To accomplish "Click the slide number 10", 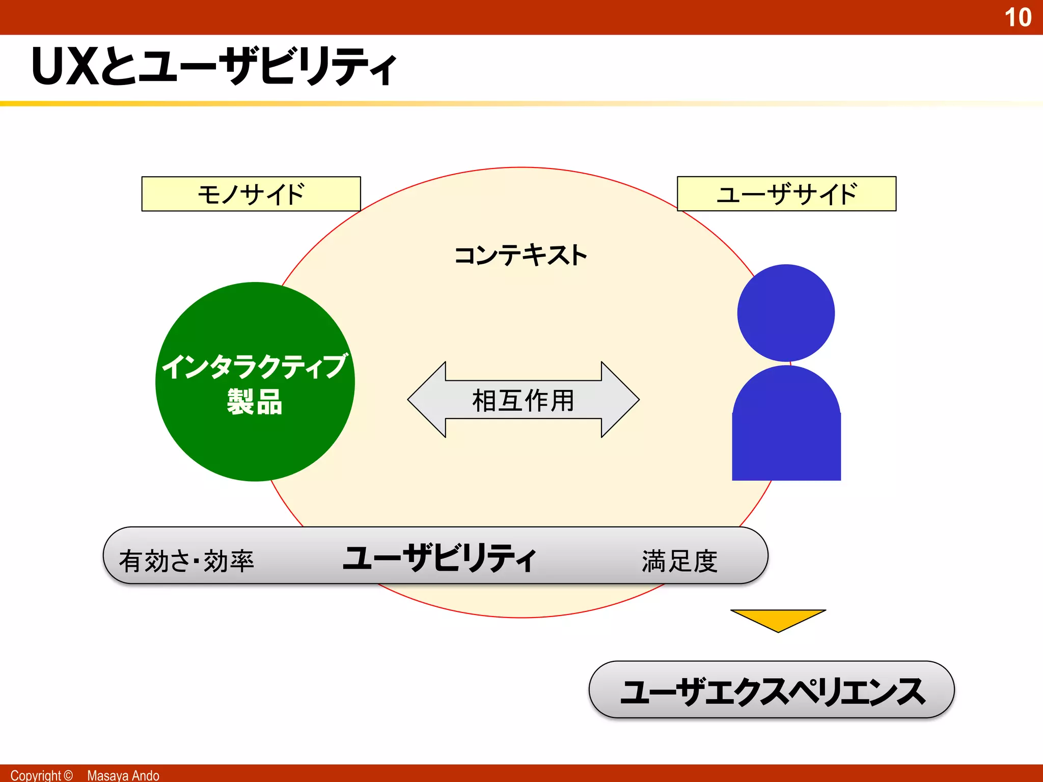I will tap(1018, 17).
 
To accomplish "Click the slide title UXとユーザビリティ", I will tap(214, 66).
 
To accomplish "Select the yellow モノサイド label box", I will tap(251, 194).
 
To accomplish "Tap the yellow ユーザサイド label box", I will tap(786, 194).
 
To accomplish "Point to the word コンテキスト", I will tap(520, 255).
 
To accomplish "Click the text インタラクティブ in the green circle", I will tap(255, 367).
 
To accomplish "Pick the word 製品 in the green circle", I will tap(255, 402).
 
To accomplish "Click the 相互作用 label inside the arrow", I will tap(523, 400).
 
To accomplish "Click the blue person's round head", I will tap(786, 313).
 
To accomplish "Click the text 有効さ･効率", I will tap(186, 561).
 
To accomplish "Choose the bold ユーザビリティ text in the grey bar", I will tap(439, 558).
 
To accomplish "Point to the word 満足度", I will tap(679, 561).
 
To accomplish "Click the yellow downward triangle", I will tap(778, 618).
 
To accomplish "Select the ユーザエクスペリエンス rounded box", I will tap(772, 690).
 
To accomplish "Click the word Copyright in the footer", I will tap(35, 775).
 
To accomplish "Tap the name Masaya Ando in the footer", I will tap(123, 775).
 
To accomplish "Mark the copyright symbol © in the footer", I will tap(68, 775).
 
